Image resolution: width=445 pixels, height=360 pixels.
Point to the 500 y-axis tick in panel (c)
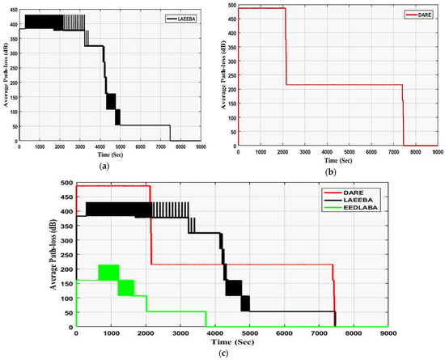click(67, 183)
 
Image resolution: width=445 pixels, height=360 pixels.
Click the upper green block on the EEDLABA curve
click(108, 273)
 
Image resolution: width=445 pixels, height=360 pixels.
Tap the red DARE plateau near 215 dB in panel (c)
click(243, 265)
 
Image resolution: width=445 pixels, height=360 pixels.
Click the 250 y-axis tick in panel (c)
click(67, 255)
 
